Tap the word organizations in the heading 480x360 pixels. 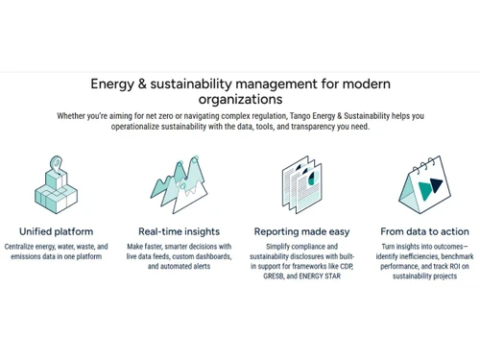tap(240, 98)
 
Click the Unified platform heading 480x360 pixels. tap(56, 231)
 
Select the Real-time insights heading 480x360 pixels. tap(179, 231)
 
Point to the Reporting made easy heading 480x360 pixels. tap(300, 231)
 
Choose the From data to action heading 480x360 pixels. tap(424, 231)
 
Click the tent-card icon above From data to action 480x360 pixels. tap(422, 184)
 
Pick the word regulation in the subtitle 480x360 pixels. tap(243, 116)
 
